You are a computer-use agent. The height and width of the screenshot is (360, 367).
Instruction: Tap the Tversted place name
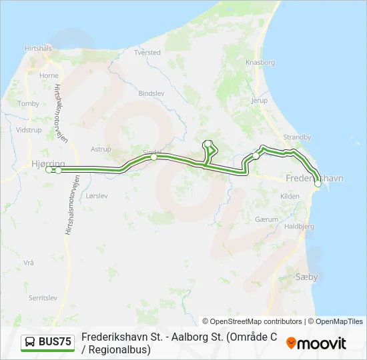tap(147, 52)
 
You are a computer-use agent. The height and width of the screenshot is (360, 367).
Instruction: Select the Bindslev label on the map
tap(151, 94)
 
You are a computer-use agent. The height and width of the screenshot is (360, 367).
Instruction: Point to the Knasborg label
tap(260, 62)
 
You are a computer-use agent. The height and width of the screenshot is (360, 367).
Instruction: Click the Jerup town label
tap(258, 101)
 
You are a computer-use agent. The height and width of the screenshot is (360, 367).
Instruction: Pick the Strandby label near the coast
tap(297, 137)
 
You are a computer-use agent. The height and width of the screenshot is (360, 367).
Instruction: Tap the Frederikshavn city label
tap(314, 179)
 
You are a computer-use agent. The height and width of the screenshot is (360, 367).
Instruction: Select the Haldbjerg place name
tap(300, 227)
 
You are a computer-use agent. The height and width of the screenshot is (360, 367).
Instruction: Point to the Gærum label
tap(266, 219)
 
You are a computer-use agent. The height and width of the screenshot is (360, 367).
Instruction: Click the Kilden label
tap(290, 196)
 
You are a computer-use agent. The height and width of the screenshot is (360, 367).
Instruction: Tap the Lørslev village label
tap(96, 196)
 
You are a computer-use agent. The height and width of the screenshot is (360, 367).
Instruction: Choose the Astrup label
tap(101, 149)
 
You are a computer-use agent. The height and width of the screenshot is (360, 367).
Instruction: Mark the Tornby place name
tap(29, 104)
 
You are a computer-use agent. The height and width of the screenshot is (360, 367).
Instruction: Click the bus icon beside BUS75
tap(30, 343)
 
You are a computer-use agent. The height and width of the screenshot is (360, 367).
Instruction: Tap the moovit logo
tap(316, 343)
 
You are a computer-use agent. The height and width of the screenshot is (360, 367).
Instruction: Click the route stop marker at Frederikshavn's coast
tap(318, 184)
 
